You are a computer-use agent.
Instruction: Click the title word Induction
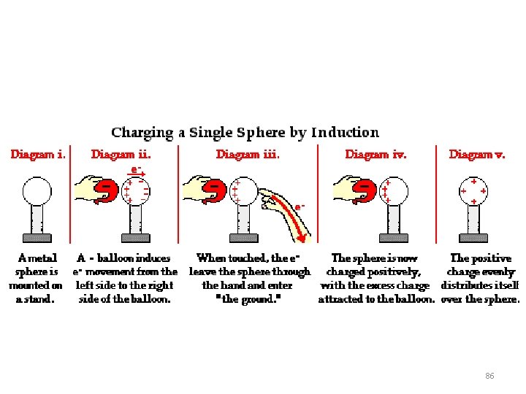(x=345, y=133)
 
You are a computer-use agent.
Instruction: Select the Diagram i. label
(x=38, y=155)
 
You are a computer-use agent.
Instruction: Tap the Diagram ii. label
(x=121, y=155)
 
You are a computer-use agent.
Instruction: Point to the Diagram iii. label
(x=248, y=155)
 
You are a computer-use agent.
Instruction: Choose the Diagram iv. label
(x=376, y=155)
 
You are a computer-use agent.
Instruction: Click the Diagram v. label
(x=476, y=155)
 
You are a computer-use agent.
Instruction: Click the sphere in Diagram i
(x=37, y=191)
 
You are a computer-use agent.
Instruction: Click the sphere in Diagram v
(x=474, y=191)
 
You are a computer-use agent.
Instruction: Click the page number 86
(x=489, y=376)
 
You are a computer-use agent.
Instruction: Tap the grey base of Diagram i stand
(x=37, y=238)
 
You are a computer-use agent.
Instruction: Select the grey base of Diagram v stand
(x=474, y=238)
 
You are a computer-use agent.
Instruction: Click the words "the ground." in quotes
(x=249, y=299)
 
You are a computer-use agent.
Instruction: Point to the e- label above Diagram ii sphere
(x=135, y=169)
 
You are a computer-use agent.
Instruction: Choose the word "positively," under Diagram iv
(x=394, y=272)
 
